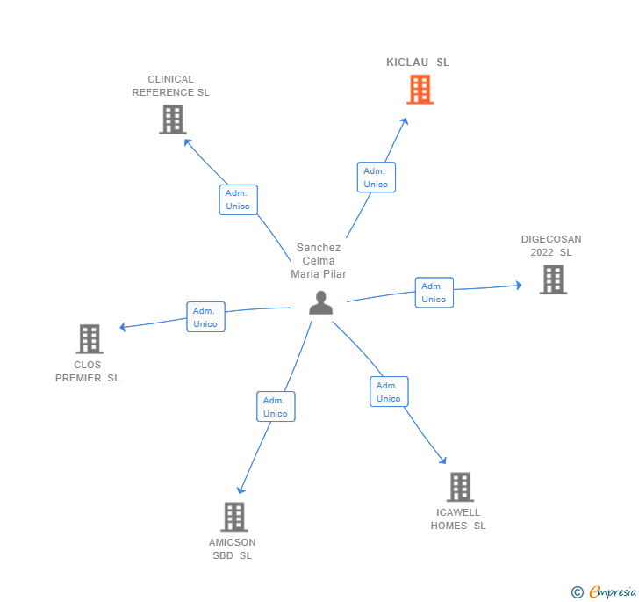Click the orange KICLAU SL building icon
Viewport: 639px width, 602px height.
point(420,90)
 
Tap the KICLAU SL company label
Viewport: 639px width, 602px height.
point(418,62)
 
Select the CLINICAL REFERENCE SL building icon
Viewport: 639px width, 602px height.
point(173,120)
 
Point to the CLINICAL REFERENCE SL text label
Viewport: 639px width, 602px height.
point(170,86)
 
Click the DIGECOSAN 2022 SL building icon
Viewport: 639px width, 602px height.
point(553,279)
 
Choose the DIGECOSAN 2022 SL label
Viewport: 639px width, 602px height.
point(551,246)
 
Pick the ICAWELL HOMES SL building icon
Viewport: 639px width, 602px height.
point(460,487)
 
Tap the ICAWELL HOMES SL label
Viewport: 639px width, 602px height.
point(458,519)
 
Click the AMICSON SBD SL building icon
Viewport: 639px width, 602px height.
point(234,517)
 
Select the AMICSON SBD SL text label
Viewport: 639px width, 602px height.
point(233,549)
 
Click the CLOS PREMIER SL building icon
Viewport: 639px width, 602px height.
point(90,338)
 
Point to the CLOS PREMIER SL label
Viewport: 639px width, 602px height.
point(87,372)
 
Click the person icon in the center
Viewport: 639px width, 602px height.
point(320,302)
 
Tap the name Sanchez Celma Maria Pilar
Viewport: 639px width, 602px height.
point(319,261)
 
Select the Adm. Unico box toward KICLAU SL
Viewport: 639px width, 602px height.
point(377,178)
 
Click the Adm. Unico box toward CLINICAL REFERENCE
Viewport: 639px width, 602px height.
point(239,199)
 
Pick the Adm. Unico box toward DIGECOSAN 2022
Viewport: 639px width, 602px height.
point(434,293)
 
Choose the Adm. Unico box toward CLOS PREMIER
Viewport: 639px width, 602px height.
point(205,317)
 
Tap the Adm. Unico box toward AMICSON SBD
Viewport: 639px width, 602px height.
point(276,407)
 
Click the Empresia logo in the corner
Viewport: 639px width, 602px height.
point(604,591)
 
